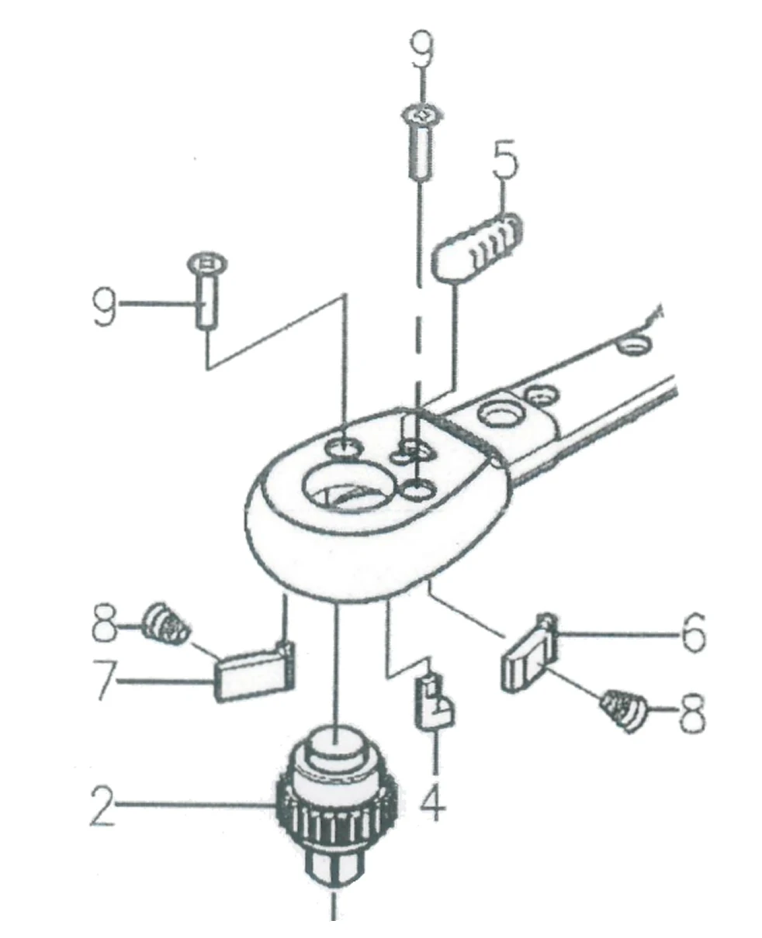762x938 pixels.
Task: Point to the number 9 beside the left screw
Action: point(104,308)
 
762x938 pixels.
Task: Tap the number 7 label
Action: point(106,683)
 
